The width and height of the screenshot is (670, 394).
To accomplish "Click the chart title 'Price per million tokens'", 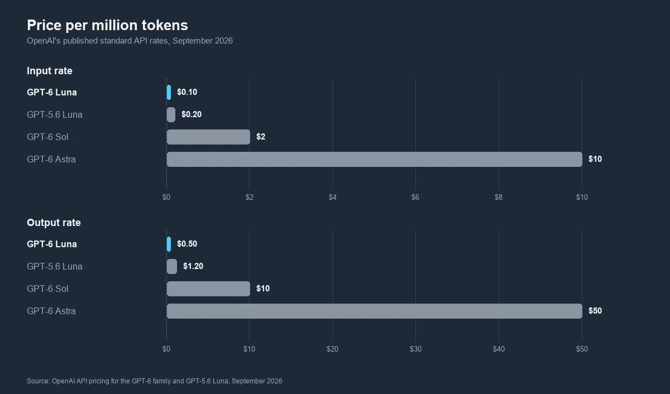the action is click(x=107, y=25).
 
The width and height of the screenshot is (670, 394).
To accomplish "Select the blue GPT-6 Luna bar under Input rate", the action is click(x=169, y=92).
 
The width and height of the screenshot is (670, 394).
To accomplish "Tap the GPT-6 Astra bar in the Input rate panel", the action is click(x=375, y=159).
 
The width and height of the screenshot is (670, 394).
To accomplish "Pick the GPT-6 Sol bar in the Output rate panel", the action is click(x=208, y=289).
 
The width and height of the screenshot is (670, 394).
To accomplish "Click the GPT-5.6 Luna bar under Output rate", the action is click(x=172, y=266).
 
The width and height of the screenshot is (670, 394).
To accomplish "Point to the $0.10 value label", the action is click(x=187, y=92).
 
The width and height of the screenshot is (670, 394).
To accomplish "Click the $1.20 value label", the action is click(x=193, y=266).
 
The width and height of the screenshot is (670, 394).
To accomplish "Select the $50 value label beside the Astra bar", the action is click(x=595, y=311).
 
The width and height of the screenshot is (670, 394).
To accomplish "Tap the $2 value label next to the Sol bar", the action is click(x=261, y=137).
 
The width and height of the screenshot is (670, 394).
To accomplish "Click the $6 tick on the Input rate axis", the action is click(x=415, y=198).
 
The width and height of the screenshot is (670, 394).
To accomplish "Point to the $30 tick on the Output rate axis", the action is click(x=415, y=349).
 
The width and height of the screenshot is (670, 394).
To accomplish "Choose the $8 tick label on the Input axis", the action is click(x=499, y=198).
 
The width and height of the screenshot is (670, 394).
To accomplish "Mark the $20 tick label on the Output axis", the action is click(x=332, y=349).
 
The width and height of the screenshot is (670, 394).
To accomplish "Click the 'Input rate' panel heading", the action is click(x=50, y=71).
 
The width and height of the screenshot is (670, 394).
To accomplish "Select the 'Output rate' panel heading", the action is click(x=54, y=223).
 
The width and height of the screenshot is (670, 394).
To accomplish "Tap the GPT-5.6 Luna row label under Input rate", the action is click(x=55, y=114).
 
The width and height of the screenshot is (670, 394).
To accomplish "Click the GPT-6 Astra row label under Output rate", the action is click(x=51, y=311).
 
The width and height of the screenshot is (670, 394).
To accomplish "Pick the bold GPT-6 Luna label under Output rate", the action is click(x=52, y=244).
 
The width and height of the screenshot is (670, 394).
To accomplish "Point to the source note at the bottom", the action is click(x=154, y=381).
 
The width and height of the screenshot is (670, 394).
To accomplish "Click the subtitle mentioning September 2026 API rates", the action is click(x=130, y=41).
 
